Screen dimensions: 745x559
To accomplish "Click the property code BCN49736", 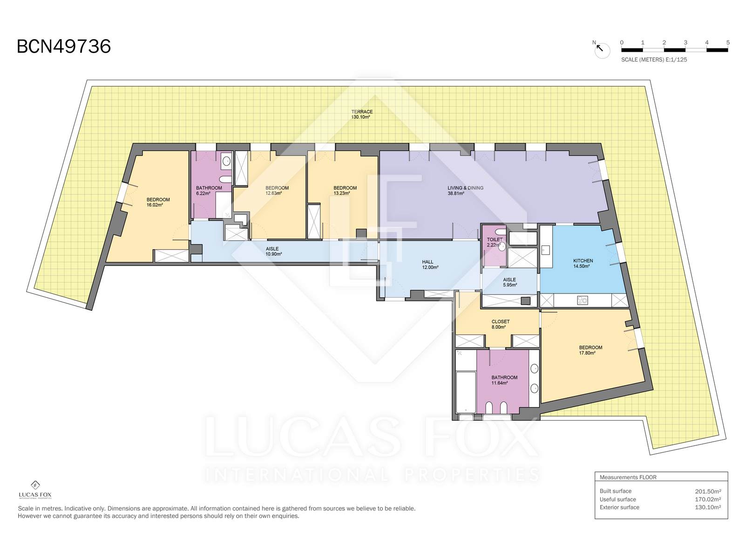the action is pyautogui.click(x=64, y=47).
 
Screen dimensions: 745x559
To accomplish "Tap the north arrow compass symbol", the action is pyautogui.click(x=602, y=50).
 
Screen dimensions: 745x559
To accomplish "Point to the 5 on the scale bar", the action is pyautogui.click(x=728, y=43).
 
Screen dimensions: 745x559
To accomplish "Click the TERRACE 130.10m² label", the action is pyautogui.click(x=362, y=115).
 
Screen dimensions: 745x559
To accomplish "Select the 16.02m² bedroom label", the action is pyautogui.click(x=158, y=202).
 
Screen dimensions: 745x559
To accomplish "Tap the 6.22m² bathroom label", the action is pyautogui.click(x=209, y=191).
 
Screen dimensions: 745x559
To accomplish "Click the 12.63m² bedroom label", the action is pyautogui.click(x=277, y=191).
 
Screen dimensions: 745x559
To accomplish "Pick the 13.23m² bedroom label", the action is pyautogui.click(x=345, y=191).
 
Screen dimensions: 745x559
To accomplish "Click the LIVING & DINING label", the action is pyautogui.click(x=465, y=188).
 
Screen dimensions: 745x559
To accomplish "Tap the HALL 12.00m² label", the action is pyautogui.click(x=430, y=265).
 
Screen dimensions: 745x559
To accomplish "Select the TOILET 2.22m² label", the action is pyautogui.click(x=494, y=242).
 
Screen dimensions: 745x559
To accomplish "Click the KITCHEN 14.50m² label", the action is pyautogui.click(x=583, y=263).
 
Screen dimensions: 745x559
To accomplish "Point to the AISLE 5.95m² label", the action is pyautogui.click(x=509, y=282).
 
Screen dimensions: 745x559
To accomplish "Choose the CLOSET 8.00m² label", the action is pyautogui.click(x=500, y=324).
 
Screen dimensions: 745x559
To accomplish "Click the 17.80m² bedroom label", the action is pyautogui.click(x=590, y=350).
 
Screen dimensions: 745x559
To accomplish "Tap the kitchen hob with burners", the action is pyautogui.click(x=582, y=300).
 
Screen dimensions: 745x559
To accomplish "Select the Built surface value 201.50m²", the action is pyautogui.click(x=708, y=491).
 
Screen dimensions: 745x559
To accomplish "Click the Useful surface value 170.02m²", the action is pyautogui.click(x=708, y=499).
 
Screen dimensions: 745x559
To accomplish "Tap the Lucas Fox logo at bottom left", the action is pyautogui.click(x=35, y=490).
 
